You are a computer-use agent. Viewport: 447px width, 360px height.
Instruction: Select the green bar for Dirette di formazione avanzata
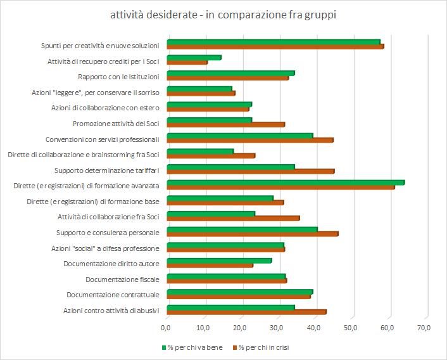[x=285, y=183]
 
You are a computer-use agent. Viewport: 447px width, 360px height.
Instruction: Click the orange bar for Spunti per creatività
[x=275, y=46]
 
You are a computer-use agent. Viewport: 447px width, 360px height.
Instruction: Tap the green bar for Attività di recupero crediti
[x=194, y=58]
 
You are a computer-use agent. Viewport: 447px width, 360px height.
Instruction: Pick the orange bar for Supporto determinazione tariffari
[x=250, y=170]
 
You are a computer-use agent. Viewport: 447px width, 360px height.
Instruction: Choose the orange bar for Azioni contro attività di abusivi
[x=246, y=311]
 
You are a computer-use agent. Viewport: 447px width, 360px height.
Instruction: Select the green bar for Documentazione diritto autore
[x=219, y=260]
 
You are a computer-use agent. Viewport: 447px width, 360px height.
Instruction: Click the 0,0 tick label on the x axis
[x=167, y=328]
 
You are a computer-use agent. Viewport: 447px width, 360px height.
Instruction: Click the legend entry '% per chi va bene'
[x=192, y=347]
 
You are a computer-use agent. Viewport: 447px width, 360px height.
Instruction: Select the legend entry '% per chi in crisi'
[x=263, y=347]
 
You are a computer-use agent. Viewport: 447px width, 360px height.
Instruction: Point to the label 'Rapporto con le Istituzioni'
[x=118, y=77]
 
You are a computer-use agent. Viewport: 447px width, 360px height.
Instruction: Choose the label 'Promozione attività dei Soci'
[x=116, y=124]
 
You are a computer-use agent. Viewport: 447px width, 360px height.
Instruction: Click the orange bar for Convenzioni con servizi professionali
[x=249, y=139]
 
